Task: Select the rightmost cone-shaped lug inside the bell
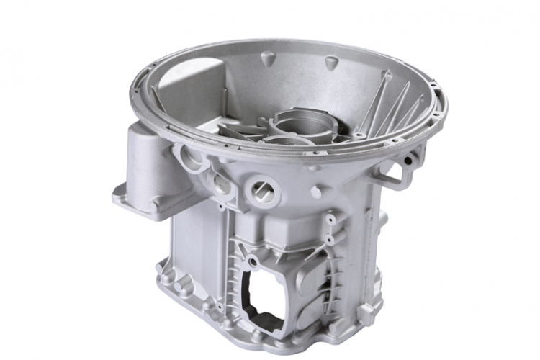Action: click(x=389, y=76)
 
